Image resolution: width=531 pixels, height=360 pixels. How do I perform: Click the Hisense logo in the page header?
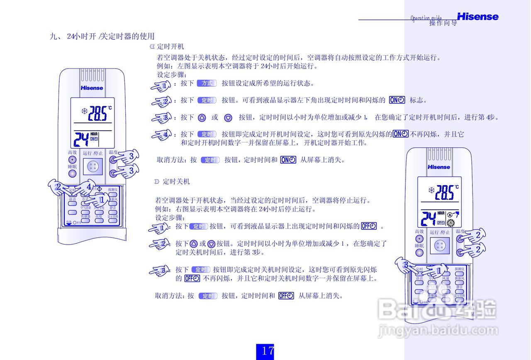477,17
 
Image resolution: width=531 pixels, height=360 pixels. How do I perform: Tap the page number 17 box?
265,351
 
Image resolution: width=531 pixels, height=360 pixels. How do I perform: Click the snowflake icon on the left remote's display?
85,111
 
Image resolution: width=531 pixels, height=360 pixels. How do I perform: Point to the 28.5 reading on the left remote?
99,113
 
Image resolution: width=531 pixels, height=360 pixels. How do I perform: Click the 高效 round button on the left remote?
72,160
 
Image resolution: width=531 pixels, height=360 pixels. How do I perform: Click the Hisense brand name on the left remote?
92,88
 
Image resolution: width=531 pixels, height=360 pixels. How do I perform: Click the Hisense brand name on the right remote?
439,167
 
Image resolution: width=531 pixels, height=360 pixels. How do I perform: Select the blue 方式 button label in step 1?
207,83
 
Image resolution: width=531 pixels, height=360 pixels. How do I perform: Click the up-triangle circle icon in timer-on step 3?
202,118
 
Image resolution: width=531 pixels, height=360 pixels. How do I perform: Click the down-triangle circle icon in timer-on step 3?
228,118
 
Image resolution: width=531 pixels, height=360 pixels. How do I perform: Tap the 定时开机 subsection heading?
170,47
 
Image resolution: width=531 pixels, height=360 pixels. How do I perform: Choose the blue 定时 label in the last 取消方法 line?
207,296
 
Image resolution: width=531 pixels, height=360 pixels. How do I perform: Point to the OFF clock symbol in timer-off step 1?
369,226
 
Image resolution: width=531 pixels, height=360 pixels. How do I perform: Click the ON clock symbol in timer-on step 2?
397,100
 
